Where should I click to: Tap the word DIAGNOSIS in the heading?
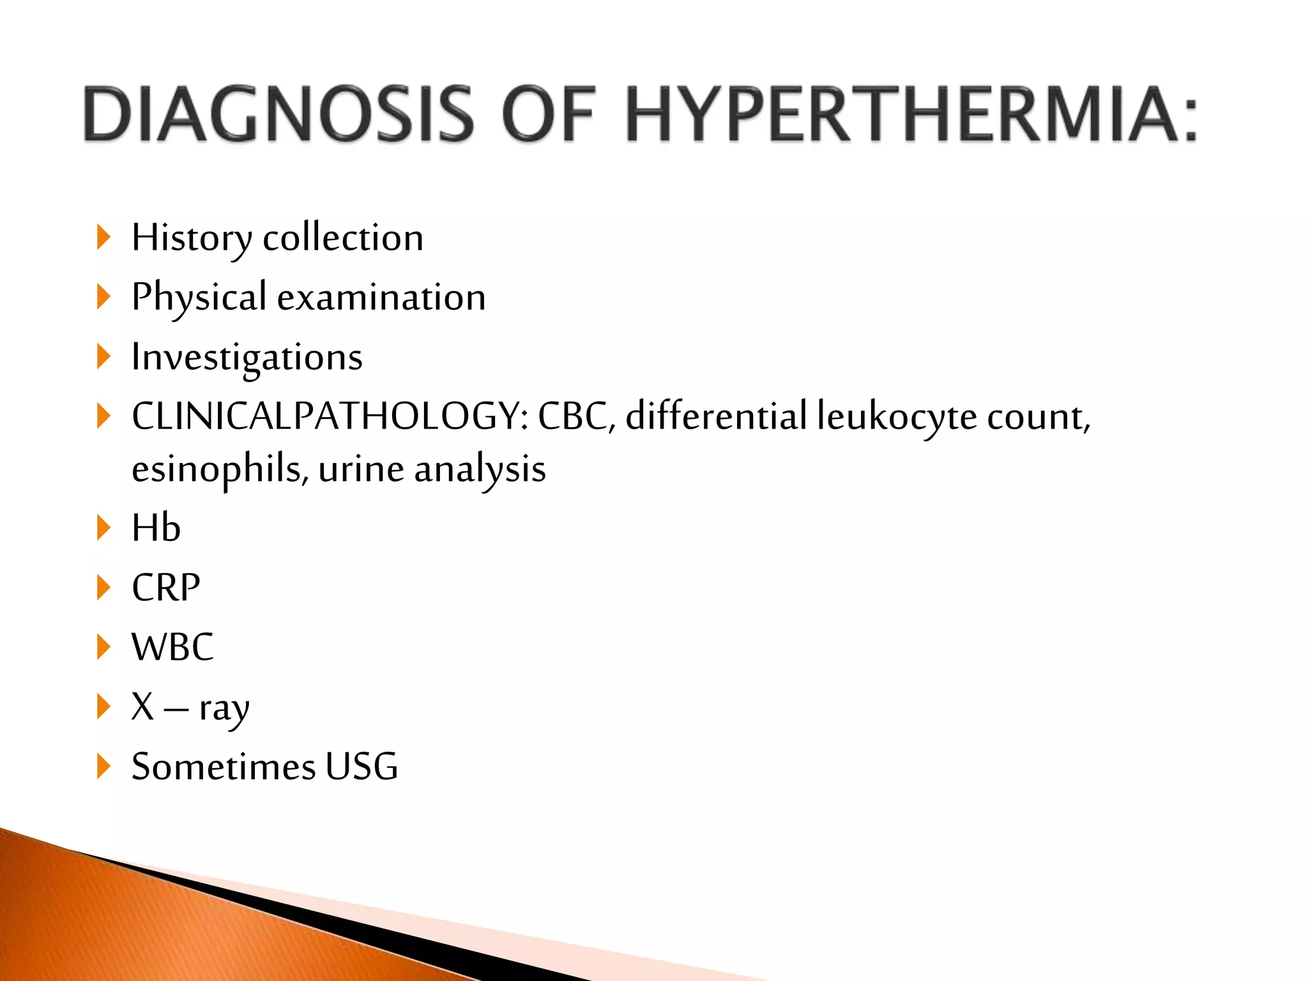[279, 115]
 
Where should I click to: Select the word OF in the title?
[549, 115]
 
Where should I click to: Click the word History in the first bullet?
[191, 238]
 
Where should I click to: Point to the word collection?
[343, 238]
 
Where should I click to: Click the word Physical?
[199, 298]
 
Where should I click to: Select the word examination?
[381, 298]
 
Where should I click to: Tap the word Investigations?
[247, 358]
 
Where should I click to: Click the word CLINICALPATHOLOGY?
[330, 416]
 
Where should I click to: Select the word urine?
[361, 469]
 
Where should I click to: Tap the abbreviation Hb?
[156, 528]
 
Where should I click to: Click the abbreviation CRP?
[165, 588]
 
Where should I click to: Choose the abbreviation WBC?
[172, 647]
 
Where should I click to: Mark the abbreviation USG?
[361, 766]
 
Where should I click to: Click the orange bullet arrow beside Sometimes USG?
[103, 766]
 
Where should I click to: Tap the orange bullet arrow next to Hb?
[103, 528]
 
